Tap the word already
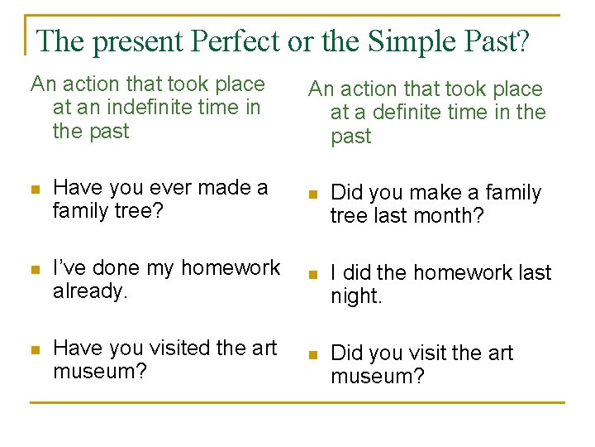[x=88, y=291]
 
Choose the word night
[x=356, y=296]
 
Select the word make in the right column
[x=440, y=193]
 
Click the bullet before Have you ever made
[x=34, y=190]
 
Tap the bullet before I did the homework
[x=312, y=275]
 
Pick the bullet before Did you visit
[x=312, y=355]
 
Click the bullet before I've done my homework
[x=34, y=270]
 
